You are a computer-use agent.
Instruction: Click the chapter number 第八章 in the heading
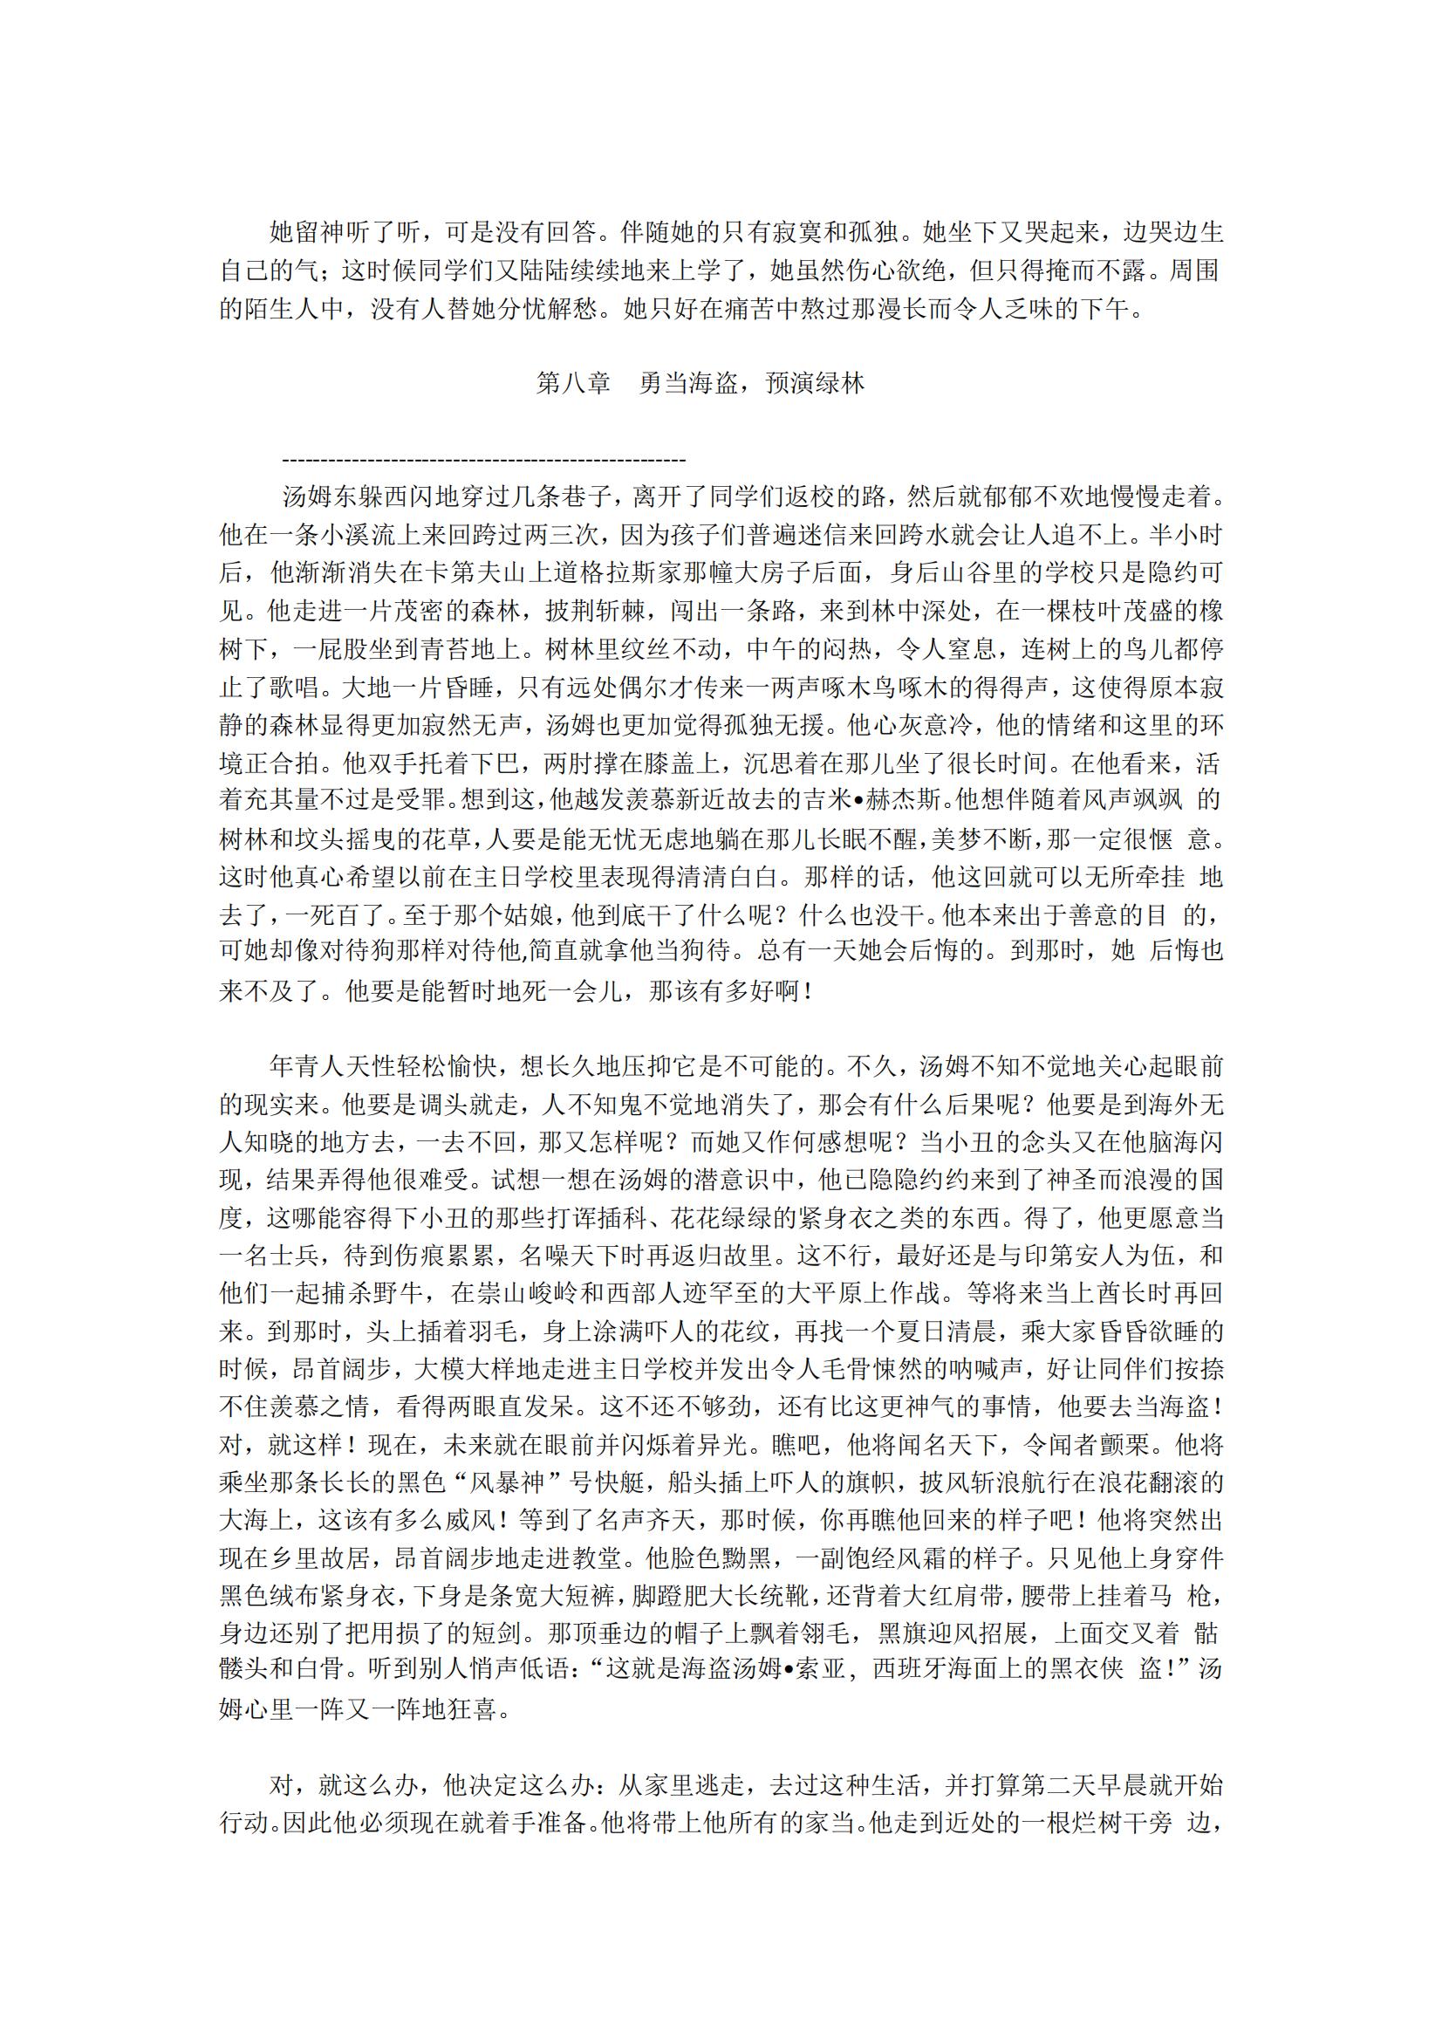(574, 383)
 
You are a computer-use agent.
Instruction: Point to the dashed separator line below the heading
(483, 460)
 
